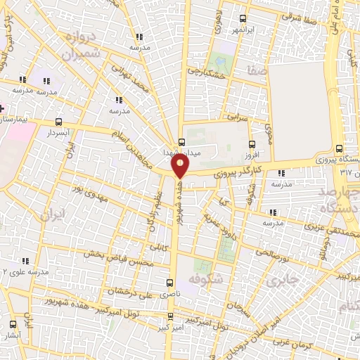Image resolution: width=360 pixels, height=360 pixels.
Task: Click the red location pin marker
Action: coord(181,165)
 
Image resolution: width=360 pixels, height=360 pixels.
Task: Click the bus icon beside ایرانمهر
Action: coord(243,19)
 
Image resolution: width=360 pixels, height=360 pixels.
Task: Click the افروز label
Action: coord(252,155)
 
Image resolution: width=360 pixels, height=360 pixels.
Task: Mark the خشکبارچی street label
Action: coord(206,72)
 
